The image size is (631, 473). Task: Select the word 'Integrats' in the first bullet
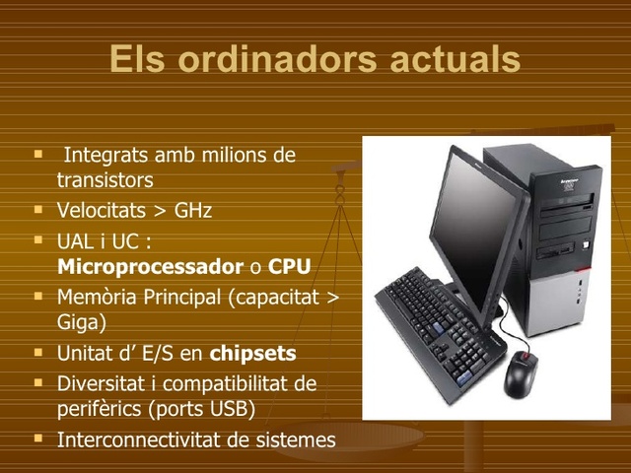point(105,156)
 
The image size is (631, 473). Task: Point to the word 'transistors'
point(105,180)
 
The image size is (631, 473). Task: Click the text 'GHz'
point(193,211)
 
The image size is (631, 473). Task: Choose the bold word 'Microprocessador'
point(150,266)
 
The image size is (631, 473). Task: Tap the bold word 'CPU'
point(290,266)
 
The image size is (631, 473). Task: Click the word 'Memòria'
point(101,298)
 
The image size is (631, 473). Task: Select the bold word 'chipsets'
point(253,353)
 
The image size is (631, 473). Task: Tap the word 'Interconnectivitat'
point(139,439)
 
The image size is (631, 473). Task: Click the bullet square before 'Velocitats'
point(37,210)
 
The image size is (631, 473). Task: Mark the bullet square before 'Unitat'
point(37,351)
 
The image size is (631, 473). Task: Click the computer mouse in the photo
point(521,372)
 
